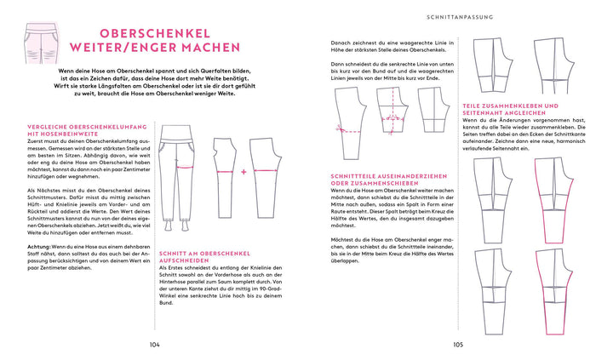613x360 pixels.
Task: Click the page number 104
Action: [154, 345]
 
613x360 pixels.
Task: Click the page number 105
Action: [458, 345]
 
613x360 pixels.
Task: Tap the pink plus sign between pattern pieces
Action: [243, 170]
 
